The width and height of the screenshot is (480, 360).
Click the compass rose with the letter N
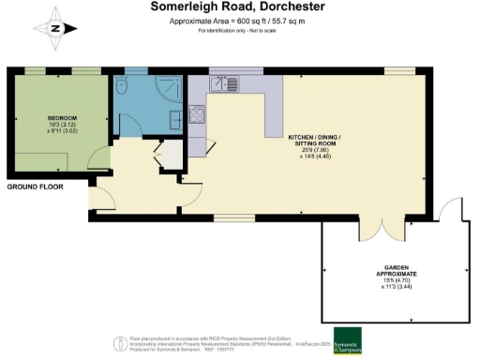tap(55, 28)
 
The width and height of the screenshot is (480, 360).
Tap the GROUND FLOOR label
tap(36, 187)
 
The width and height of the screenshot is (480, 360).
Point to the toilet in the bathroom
tap(125, 86)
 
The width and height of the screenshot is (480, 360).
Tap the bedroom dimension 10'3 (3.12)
tap(62, 125)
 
